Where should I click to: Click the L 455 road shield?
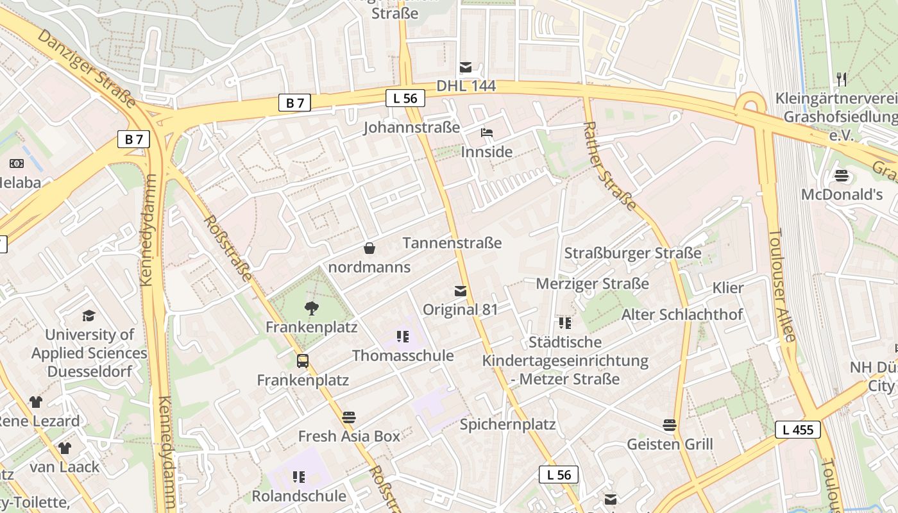point(798,430)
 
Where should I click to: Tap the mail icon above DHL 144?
point(466,67)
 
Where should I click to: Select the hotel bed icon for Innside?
point(487,133)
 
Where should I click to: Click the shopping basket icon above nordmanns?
point(369,248)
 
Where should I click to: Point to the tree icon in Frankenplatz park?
point(312,308)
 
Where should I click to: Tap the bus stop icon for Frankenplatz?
point(303,361)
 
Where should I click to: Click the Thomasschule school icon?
point(403,337)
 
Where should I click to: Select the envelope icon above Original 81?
point(460,291)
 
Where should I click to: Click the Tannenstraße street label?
point(452,243)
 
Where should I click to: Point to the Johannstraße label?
point(411,127)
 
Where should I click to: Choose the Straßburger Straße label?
point(632,253)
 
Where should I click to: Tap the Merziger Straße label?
point(592,283)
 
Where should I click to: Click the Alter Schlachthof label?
point(682,314)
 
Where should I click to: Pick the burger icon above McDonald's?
point(842,176)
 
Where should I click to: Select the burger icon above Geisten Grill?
point(670,425)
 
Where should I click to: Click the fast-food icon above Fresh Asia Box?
point(349,417)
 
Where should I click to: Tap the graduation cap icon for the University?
point(89,315)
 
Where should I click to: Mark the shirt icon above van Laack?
point(64,448)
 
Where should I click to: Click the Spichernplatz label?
point(507,424)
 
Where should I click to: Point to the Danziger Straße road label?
point(87,68)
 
